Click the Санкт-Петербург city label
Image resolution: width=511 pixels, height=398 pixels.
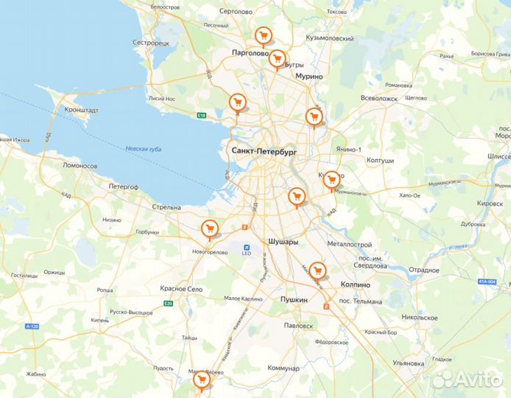coord(264,150)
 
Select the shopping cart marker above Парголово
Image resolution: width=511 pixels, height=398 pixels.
coord(261,36)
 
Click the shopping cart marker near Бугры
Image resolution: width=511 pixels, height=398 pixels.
coord(277,58)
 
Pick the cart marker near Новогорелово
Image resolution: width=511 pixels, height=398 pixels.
coord(209,228)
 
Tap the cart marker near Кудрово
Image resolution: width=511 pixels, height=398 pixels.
coord(331,179)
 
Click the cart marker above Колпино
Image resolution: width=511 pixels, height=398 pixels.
coord(317,270)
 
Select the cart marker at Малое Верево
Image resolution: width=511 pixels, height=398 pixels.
coord(200,380)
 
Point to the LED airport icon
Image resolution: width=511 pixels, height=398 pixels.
coord(247,247)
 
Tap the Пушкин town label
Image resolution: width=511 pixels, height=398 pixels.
coord(294,299)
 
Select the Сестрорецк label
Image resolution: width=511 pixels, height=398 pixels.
coord(151,43)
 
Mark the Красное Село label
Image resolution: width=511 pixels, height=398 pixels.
coord(181,289)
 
